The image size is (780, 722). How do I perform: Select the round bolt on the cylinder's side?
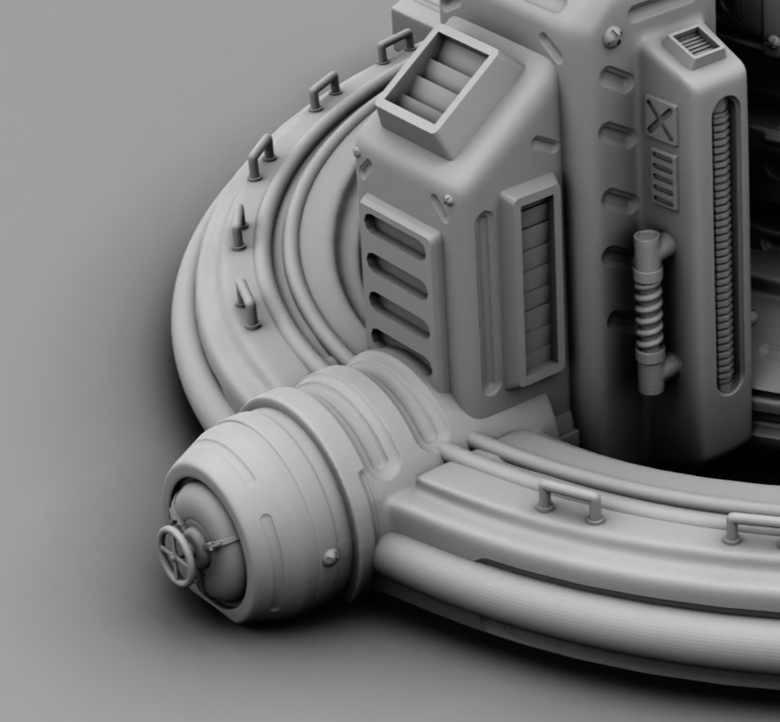click(x=331, y=557)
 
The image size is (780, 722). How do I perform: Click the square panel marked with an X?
click(x=660, y=119)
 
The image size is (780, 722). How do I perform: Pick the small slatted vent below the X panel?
click(x=664, y=178)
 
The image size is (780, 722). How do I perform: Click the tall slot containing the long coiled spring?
click(x=724, y=243)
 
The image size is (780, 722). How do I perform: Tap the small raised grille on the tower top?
click(x=697, y=42)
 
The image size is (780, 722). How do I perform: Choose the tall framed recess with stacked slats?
click(x=535, y=281)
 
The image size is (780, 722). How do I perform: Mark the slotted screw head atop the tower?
click(x=613, y=36)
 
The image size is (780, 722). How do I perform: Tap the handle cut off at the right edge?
click(x=751, y=527)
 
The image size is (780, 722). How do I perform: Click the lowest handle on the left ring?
click(x=247, y=304)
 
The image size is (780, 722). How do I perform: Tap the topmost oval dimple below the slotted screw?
click(x=617, y=81)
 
